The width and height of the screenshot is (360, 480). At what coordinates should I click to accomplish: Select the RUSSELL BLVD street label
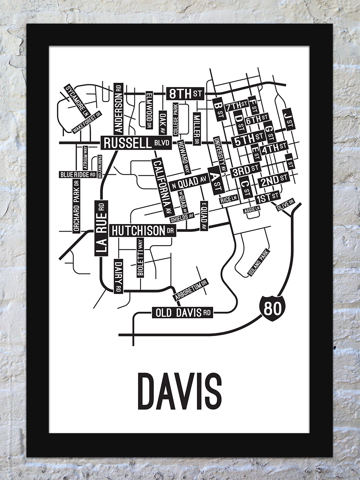[x=136, y=143]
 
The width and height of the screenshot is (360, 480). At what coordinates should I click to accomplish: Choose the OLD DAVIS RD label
[x=182, y=312]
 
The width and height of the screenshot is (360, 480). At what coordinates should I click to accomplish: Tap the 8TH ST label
[x=184, y=94]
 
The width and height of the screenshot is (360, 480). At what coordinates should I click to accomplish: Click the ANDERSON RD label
[x=118, y=108]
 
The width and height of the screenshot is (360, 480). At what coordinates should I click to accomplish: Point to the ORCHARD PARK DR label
[x=76, y=206]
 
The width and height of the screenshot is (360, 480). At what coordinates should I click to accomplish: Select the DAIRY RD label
[x=118, y=276]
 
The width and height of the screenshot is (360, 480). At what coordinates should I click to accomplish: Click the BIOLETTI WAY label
[x=140, y=258]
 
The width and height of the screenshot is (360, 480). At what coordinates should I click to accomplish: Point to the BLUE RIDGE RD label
[x=78, y=174]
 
